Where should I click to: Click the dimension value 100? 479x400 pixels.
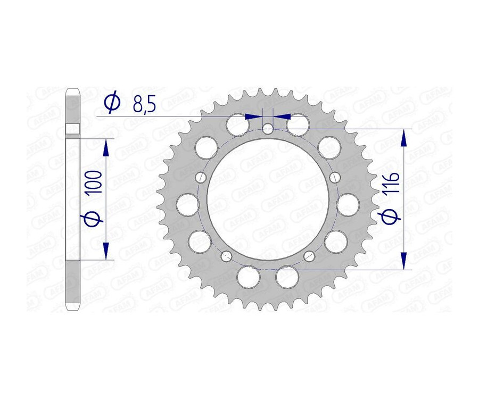[95, 182]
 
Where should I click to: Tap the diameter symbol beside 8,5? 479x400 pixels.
[112, 103]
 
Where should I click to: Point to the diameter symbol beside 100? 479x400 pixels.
[94, 219]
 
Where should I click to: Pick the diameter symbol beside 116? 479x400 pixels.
[391, 217]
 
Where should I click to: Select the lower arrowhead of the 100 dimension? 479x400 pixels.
[106, 251]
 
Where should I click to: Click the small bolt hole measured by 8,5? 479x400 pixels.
[268, 128]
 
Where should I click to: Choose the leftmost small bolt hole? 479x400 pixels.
[200, 177]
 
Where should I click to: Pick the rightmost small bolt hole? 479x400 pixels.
[335, 177]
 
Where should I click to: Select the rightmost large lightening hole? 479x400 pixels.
[349, 203]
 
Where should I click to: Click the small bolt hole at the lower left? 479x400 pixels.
[226, 257]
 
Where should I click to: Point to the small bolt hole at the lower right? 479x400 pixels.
[309, 257]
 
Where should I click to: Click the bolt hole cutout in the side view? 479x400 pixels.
[72, 130]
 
